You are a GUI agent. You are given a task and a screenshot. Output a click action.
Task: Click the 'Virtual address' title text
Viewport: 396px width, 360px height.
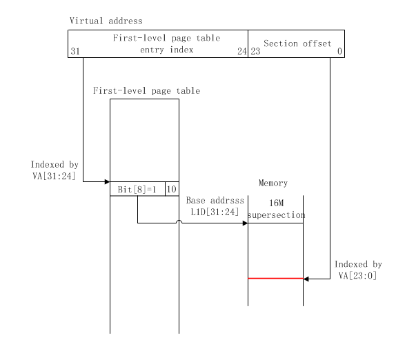[106, 21]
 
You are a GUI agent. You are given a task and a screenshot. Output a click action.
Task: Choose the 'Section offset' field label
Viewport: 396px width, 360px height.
[297, 43]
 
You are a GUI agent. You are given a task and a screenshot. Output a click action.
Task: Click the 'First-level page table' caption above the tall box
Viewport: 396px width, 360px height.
[146, 90]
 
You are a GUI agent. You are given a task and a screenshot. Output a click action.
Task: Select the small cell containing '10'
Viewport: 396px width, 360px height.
[171, 189]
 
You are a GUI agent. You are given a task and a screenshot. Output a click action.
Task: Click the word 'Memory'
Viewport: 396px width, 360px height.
[273, 183]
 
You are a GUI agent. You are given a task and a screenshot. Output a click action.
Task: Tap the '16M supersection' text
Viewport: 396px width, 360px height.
[275, 210]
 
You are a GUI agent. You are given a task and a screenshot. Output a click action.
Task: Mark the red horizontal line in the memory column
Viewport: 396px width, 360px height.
[275, 279]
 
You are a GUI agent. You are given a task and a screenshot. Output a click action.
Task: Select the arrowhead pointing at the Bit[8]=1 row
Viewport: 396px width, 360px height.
[107, 182]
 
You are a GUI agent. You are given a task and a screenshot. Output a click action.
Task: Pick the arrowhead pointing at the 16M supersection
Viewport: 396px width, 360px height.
[245, 223]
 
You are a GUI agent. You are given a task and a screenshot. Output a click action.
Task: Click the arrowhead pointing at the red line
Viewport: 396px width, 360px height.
[306, 279]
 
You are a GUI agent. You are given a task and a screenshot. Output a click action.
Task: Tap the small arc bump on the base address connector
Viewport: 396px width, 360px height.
[179, 221]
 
